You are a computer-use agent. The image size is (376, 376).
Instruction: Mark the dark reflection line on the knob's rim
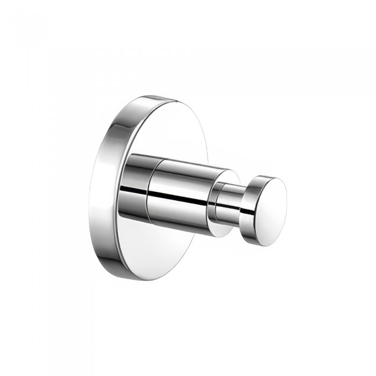pos(248,212)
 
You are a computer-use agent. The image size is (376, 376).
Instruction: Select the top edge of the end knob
pos(266,176)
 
